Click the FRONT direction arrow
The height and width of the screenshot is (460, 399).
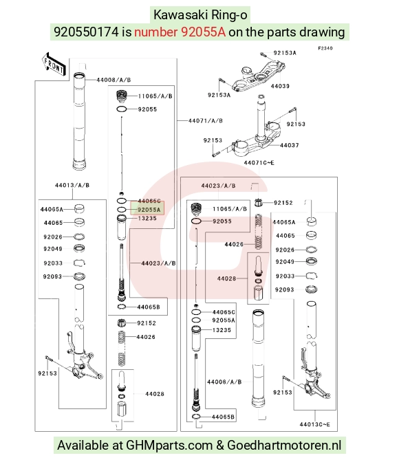[x=54, y=65]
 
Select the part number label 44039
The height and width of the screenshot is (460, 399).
[x=280, y=86]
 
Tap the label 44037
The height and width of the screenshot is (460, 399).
[x=290, y=145]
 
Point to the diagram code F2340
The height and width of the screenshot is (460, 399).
[x=325, y=48]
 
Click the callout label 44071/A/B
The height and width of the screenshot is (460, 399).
[x=206, y=120]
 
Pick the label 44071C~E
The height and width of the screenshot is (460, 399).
[x=259, y=162]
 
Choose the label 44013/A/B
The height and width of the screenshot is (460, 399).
[x=72, y=185]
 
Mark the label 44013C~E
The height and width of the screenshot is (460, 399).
[x=315, y=424]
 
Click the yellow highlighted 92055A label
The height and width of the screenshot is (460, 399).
[x=149, y=210]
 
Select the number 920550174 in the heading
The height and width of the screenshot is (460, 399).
[x=86, y=32]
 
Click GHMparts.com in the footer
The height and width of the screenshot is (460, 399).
[x=169, y=446]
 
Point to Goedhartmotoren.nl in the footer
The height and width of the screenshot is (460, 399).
[x=284, y=446]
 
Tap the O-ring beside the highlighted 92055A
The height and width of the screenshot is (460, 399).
[x=122, y=210]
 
